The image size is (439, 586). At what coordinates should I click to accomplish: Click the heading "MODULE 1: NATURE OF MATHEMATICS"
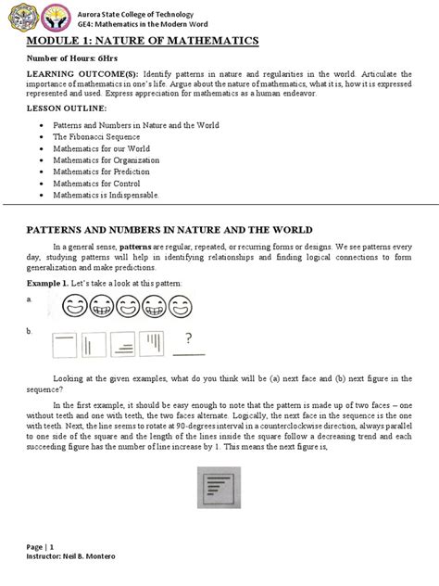coord(141,42)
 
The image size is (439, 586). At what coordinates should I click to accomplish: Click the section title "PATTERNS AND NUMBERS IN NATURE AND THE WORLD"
coord(169,229)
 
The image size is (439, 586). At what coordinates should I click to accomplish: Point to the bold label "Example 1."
coord(50,281)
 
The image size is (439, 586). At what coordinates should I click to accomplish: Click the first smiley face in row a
coord(75,304)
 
